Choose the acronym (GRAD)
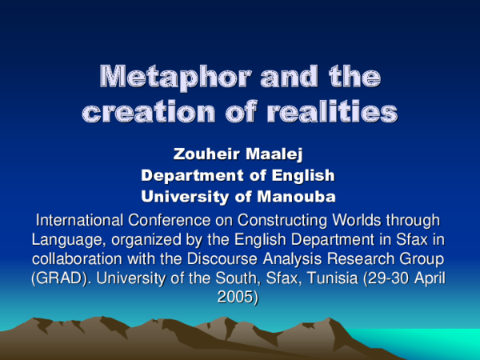[58, 279]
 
